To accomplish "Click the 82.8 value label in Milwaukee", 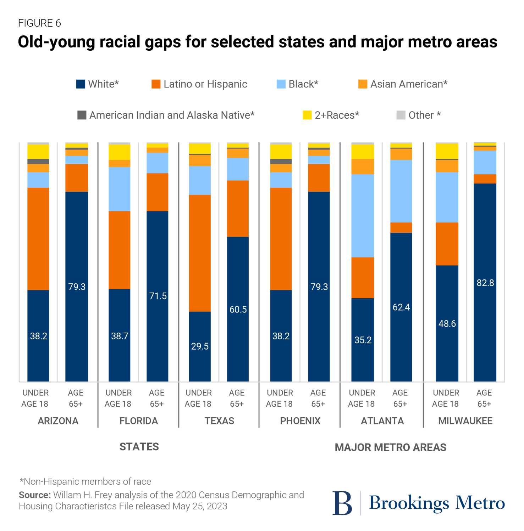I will pyautogui.click(x=485, y=283).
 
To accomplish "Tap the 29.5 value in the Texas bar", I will pyautogui.click(x=200, y=346).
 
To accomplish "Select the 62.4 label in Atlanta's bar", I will pyautogui.click(x=401, y=307).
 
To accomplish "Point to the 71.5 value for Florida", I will pyautogui.click(x=158, y=296).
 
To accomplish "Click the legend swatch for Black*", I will pyautogui.click(x=281, y=84).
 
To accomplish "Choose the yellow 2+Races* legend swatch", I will pyautogui.click(x=307, y=115).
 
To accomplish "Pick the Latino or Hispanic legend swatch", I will pyautogui.click(x=156, y=84).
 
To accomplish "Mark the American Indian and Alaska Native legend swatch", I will pyautogui.click(x=82, y=115).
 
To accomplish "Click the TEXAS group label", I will pyautogui.click(x=219, y=421).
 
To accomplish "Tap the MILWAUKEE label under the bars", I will pyautogui.click(x=465, y=421).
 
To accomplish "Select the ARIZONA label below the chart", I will pyautogui.click(x=58, y=421).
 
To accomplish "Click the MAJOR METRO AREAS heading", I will pyautogui.click(x=390, y=447).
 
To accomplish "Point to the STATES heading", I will pyautogui.click(x=139, y=447).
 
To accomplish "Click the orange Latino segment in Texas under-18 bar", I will pyautogui.click(x=200, y=253).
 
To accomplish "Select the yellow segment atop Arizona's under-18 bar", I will pyautogui.click(x=38, y=151).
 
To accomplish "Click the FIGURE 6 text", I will pyautogui.click(x=39, y=23).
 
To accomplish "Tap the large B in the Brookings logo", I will pyautogui.click(x=342, y=503).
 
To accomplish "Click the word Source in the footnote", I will pyautogui.click(x=34, y=495).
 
